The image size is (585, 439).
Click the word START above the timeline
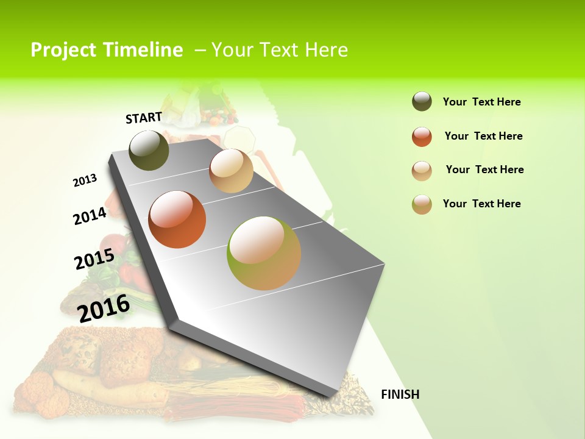[144, 118]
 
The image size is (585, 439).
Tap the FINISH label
[400, 394]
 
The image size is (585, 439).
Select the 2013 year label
[85, 180]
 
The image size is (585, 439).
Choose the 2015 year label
[94, 259]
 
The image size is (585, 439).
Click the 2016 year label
[104, 308]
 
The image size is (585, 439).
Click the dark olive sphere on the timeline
[149, 150]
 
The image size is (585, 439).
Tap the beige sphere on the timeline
[231, 171]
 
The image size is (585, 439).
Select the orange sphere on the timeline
[177, 220]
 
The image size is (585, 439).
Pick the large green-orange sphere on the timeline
[264, 253]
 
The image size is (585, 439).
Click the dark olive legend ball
[422, 101]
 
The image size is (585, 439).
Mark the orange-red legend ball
[422, 137]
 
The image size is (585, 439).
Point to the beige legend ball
[422, 171]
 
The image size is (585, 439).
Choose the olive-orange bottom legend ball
[422, 204]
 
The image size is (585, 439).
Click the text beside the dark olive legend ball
[481, 102]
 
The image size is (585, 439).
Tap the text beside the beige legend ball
[484, 170]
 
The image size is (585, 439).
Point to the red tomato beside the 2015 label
[114, 246]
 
